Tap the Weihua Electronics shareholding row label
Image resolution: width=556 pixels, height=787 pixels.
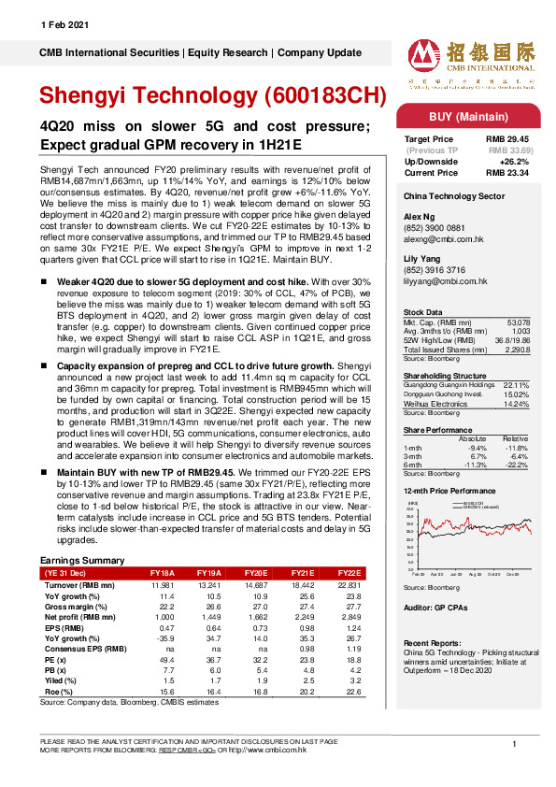pos(435,377)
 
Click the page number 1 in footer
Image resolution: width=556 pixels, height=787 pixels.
pos(514,743)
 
